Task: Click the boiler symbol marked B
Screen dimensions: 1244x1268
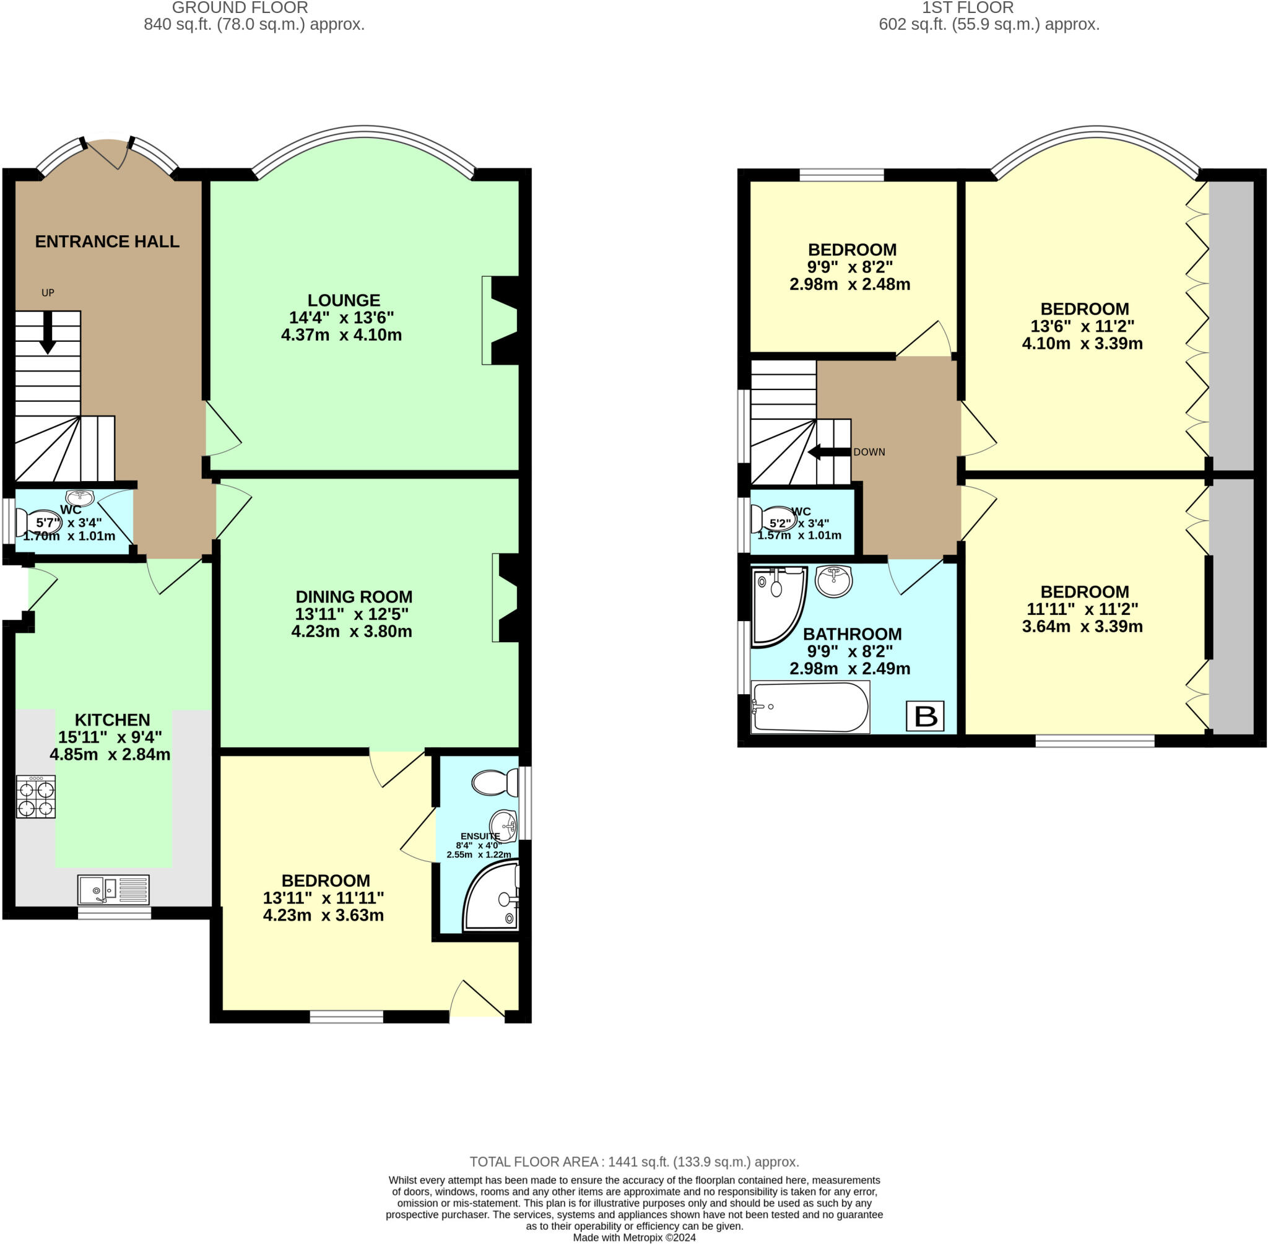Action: (924, 716)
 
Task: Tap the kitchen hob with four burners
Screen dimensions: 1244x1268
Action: (36, 796)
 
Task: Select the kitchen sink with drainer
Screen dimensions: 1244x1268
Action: (113, 890)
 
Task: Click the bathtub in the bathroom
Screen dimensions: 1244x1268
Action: (810, 707)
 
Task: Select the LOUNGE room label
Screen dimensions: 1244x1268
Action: (344, 300)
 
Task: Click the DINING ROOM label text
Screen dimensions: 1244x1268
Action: (354, 596)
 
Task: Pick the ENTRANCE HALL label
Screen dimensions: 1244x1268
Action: (107, 241)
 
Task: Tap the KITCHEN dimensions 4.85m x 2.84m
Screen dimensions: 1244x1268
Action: (110, 755)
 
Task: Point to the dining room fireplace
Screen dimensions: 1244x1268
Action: (508, 598)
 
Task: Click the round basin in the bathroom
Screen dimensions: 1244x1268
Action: (833, 581)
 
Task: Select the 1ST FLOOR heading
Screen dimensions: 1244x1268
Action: (968, 8)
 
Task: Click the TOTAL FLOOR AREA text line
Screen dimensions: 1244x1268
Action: (633, 1162)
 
